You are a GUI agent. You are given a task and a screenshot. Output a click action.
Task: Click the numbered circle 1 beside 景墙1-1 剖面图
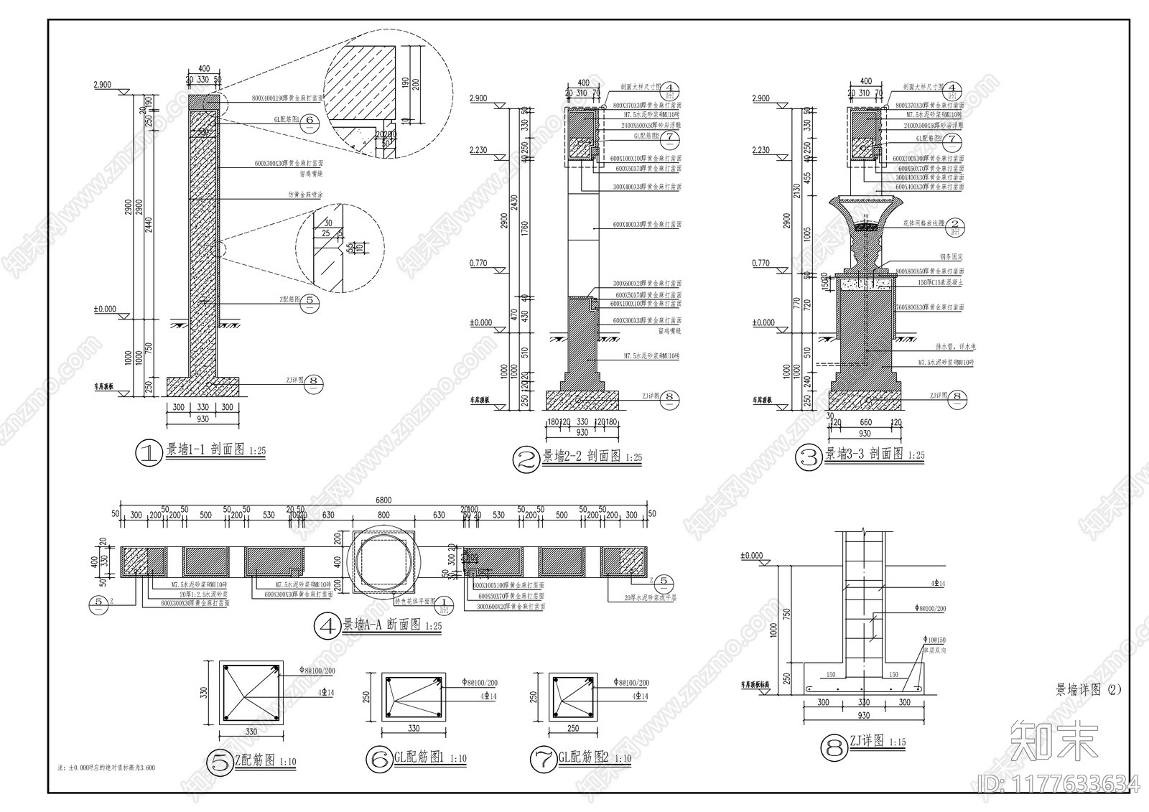tap(149, 453)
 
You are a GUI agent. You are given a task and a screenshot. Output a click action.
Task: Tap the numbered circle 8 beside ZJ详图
tap(834, 749)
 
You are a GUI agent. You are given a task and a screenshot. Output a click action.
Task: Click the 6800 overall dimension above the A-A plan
tap(385, 500)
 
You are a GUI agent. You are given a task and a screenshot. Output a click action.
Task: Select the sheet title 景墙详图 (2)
tap(1087, 690)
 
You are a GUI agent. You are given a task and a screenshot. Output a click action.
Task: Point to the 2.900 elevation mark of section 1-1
tap(102, 85)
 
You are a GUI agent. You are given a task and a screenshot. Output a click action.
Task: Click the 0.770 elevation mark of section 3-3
tap(760, 263)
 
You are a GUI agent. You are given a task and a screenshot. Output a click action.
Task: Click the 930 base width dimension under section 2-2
tap(582, 433)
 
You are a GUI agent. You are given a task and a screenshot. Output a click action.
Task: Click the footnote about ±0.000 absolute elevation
tap(106, 767)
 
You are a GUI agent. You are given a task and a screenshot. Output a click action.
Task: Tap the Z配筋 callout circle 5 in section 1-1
tap(310, 301)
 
